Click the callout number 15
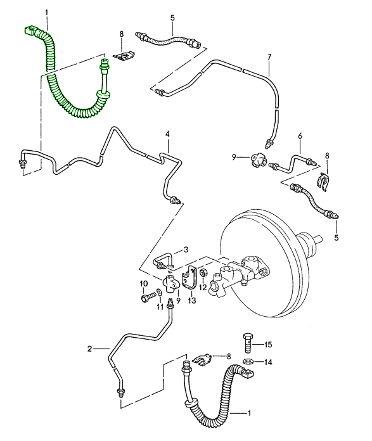(268, 344)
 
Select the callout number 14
(268, 362)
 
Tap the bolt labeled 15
(248, 343)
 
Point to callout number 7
(269, 57)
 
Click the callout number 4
(167, 134)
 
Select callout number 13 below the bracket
(192, 301)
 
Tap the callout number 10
(144, 283)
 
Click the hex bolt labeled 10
(148, 297)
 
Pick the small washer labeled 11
(159, 293)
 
